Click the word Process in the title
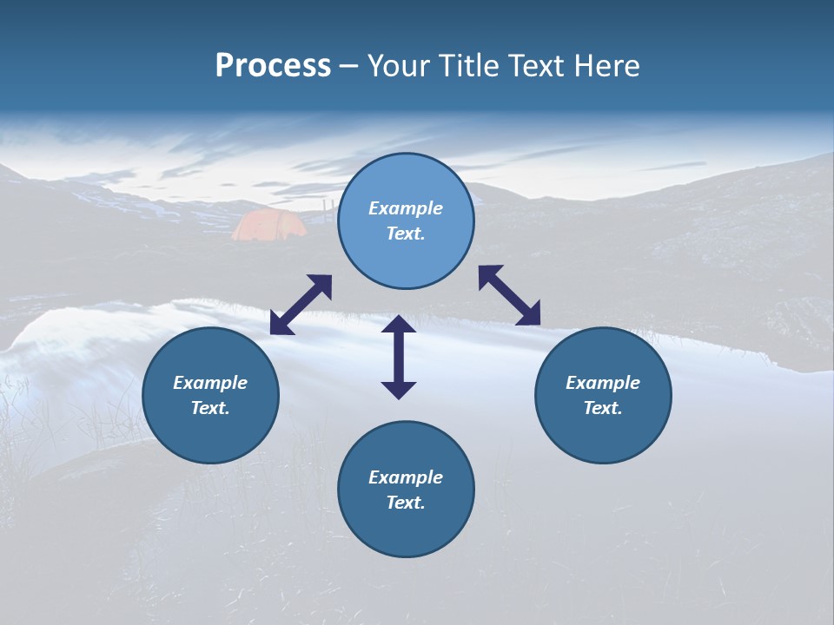(273, 66)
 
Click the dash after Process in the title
(349, 68)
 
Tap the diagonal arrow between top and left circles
(301, 305)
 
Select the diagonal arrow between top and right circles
(509, 295)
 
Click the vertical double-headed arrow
(399, 357)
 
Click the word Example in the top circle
(406, 208)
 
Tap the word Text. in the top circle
(406, 234)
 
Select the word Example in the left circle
(210, 383)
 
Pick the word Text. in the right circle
(603, 408)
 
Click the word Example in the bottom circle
(406, 477)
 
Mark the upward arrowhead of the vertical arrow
(399, 325)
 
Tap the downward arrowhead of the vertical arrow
(399, 389)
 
